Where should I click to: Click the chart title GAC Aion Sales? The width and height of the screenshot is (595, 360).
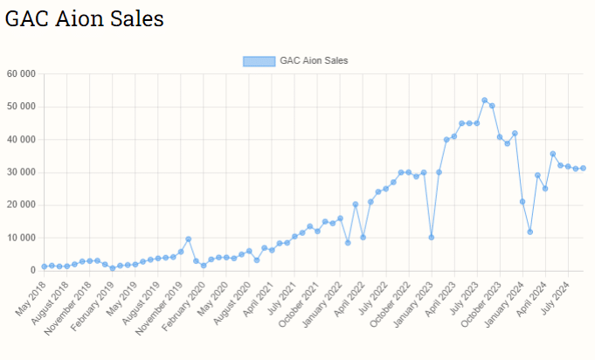(x=85, y=17)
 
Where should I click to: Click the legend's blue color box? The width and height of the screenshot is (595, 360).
(x=258, y=60)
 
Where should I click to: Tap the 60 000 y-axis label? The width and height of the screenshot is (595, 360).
(x=20, y=74)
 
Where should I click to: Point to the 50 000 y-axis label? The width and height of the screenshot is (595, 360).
(x=20, y=107)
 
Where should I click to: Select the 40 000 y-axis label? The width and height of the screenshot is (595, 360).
(x=20, y=140)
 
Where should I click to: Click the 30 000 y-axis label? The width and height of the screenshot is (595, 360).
(x=20, y=172)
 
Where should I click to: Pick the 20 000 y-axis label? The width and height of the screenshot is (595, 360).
(x=20, y=205)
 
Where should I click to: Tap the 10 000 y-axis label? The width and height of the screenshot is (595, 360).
(x=20, y=238)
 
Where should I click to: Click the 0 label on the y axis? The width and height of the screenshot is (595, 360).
(x=31, y=271)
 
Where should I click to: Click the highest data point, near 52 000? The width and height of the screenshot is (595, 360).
(x=484, y=100)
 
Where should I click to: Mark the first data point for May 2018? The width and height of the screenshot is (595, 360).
(x=44, y=267)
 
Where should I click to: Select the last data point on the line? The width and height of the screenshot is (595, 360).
(x=583, y=168)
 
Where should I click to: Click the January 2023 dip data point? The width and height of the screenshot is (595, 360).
(x=431, y=237)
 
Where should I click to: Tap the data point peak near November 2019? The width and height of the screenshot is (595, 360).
(x=188, y=239)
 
